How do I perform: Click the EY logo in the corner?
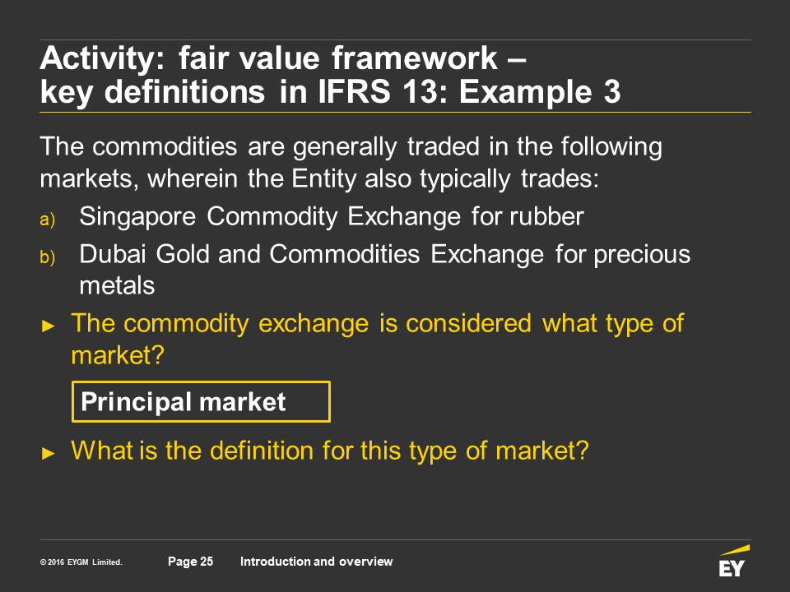(x=733, y=561)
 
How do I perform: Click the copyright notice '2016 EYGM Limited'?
(x=81, y=562)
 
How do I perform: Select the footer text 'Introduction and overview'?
(x=316, y=562)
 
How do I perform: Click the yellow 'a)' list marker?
(x=48, y=220)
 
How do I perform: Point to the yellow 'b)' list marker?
(x=48, y=257)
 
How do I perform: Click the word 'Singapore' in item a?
(x=137, y=217)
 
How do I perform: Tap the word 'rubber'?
(x=546, y=216)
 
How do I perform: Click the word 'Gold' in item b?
(x=183, y=254)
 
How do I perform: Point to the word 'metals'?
(x=117, y=286)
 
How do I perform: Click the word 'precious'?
(x=642, y=255)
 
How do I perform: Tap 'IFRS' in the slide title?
(x=355, y=91)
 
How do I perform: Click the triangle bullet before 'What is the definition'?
(x=49, y=453)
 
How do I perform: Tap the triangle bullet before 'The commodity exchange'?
(x=49, y=326)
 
